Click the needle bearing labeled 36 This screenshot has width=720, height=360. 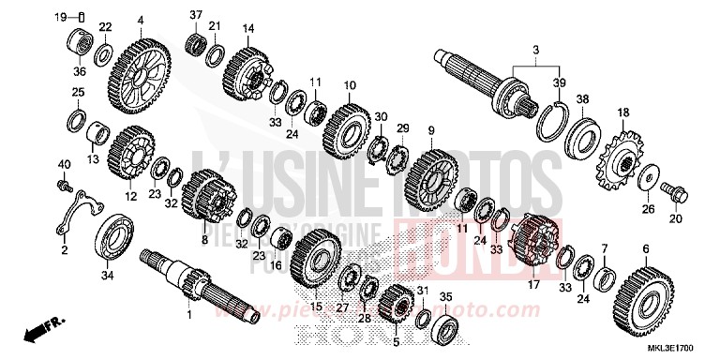(x=79, y=43)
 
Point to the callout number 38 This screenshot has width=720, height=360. (x=582, y=98)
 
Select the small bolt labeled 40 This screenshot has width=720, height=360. (x=64, y=186)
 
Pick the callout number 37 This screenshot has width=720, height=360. (x=195, y=14)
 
